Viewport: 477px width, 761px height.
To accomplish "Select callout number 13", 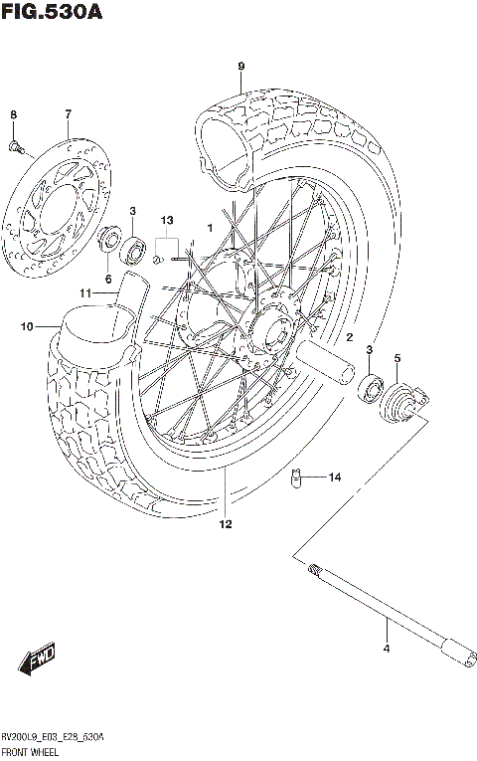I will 167,220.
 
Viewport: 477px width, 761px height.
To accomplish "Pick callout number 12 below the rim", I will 226,524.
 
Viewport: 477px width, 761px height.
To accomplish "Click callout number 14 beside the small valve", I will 334,477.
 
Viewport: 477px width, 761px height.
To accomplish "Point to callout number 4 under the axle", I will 387,650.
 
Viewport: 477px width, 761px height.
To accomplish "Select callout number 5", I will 397,359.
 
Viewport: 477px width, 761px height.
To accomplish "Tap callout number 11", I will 86,293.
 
